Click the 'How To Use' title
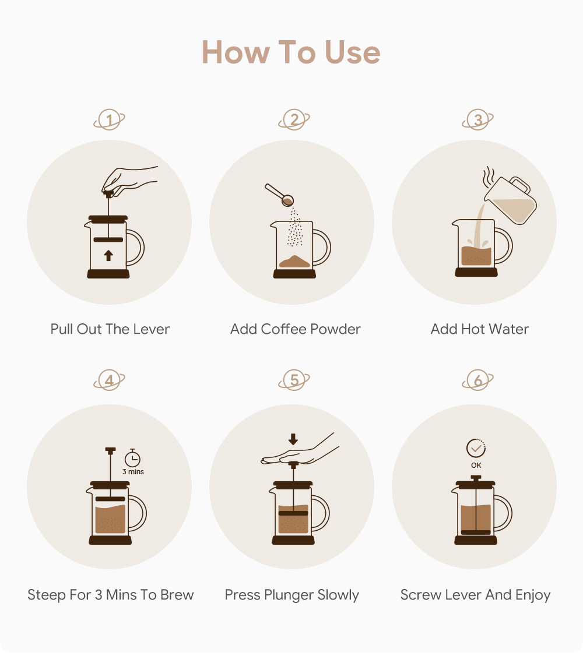(291, 52)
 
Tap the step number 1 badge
(109, 119)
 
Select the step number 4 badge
(109, 380)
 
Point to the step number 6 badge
(477, 380)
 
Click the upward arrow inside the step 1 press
(108, 255)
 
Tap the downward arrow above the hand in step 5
(293, 439)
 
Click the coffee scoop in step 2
(280, 195)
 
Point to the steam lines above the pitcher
(489, 177)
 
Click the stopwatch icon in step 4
(132, 458)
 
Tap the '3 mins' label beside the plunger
(134, 472)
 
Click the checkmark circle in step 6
(476, 448)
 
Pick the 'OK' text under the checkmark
(476, 465)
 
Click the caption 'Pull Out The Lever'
(110, 329)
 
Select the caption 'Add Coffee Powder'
(296, 329)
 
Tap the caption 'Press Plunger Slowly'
(292, 595)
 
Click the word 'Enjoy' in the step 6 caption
(533, 595)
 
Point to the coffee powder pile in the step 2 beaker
(294, 262)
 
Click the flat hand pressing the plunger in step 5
(298, 451)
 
